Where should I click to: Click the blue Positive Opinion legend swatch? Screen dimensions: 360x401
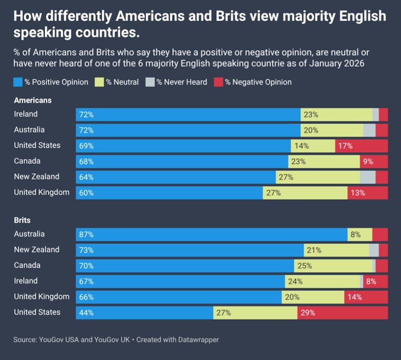click(18, 82)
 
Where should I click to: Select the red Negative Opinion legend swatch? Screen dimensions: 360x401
click(219, 82)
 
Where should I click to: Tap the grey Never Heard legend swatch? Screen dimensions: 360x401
click(150, 82)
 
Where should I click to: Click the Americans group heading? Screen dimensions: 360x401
click(33, 100)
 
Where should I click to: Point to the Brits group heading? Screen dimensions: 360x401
click(22, 220)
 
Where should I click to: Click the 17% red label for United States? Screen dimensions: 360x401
click(346, 146)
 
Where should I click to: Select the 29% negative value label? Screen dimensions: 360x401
click(307, 313)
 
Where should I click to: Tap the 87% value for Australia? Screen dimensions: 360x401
click(86, 234)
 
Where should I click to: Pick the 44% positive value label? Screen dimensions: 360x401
click(86, 313)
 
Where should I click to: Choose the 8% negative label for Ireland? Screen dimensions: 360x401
click(371, 281)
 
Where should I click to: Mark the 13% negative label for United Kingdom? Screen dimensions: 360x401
click(358, 193)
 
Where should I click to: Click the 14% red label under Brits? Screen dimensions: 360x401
click(355, 297)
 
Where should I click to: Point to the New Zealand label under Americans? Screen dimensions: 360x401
click(36, 176)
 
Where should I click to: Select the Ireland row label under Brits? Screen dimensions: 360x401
click(26, 281)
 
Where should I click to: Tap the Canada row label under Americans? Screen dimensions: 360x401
click(27, 161)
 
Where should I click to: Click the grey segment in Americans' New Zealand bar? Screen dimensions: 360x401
click(368, 177)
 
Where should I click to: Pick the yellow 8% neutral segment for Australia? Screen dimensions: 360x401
click(360, 234)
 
